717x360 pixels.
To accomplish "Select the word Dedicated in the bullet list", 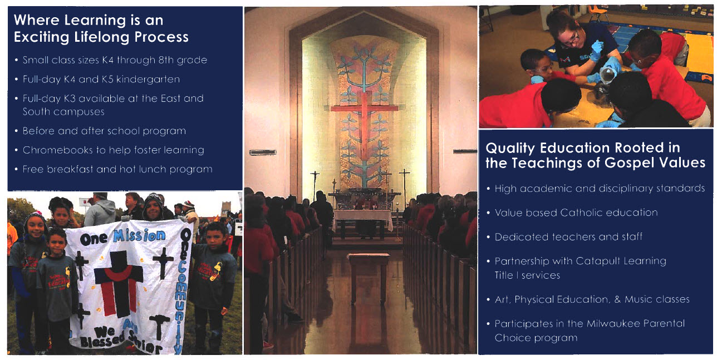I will pos(519,236).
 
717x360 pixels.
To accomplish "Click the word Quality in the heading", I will pos(508,148).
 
